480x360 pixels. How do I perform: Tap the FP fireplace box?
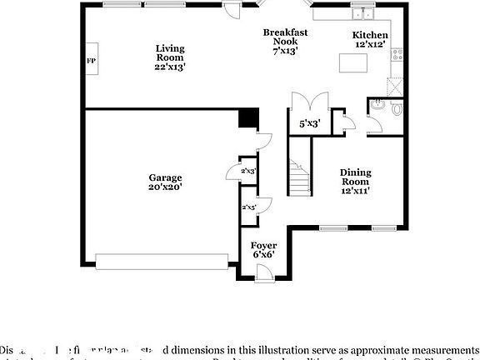(91, 62)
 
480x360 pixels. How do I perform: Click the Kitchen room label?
(367, 39)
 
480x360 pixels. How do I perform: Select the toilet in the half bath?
(395, 108)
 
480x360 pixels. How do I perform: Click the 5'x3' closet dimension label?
(308, 123)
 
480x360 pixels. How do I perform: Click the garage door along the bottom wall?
(163, 262)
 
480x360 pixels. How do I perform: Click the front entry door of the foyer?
(264, 272)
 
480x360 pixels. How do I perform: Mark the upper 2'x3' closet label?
(248, 171)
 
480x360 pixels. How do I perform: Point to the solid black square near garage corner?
(247, 117)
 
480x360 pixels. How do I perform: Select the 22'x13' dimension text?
(170, 67)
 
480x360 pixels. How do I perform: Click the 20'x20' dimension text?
(165, 187)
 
